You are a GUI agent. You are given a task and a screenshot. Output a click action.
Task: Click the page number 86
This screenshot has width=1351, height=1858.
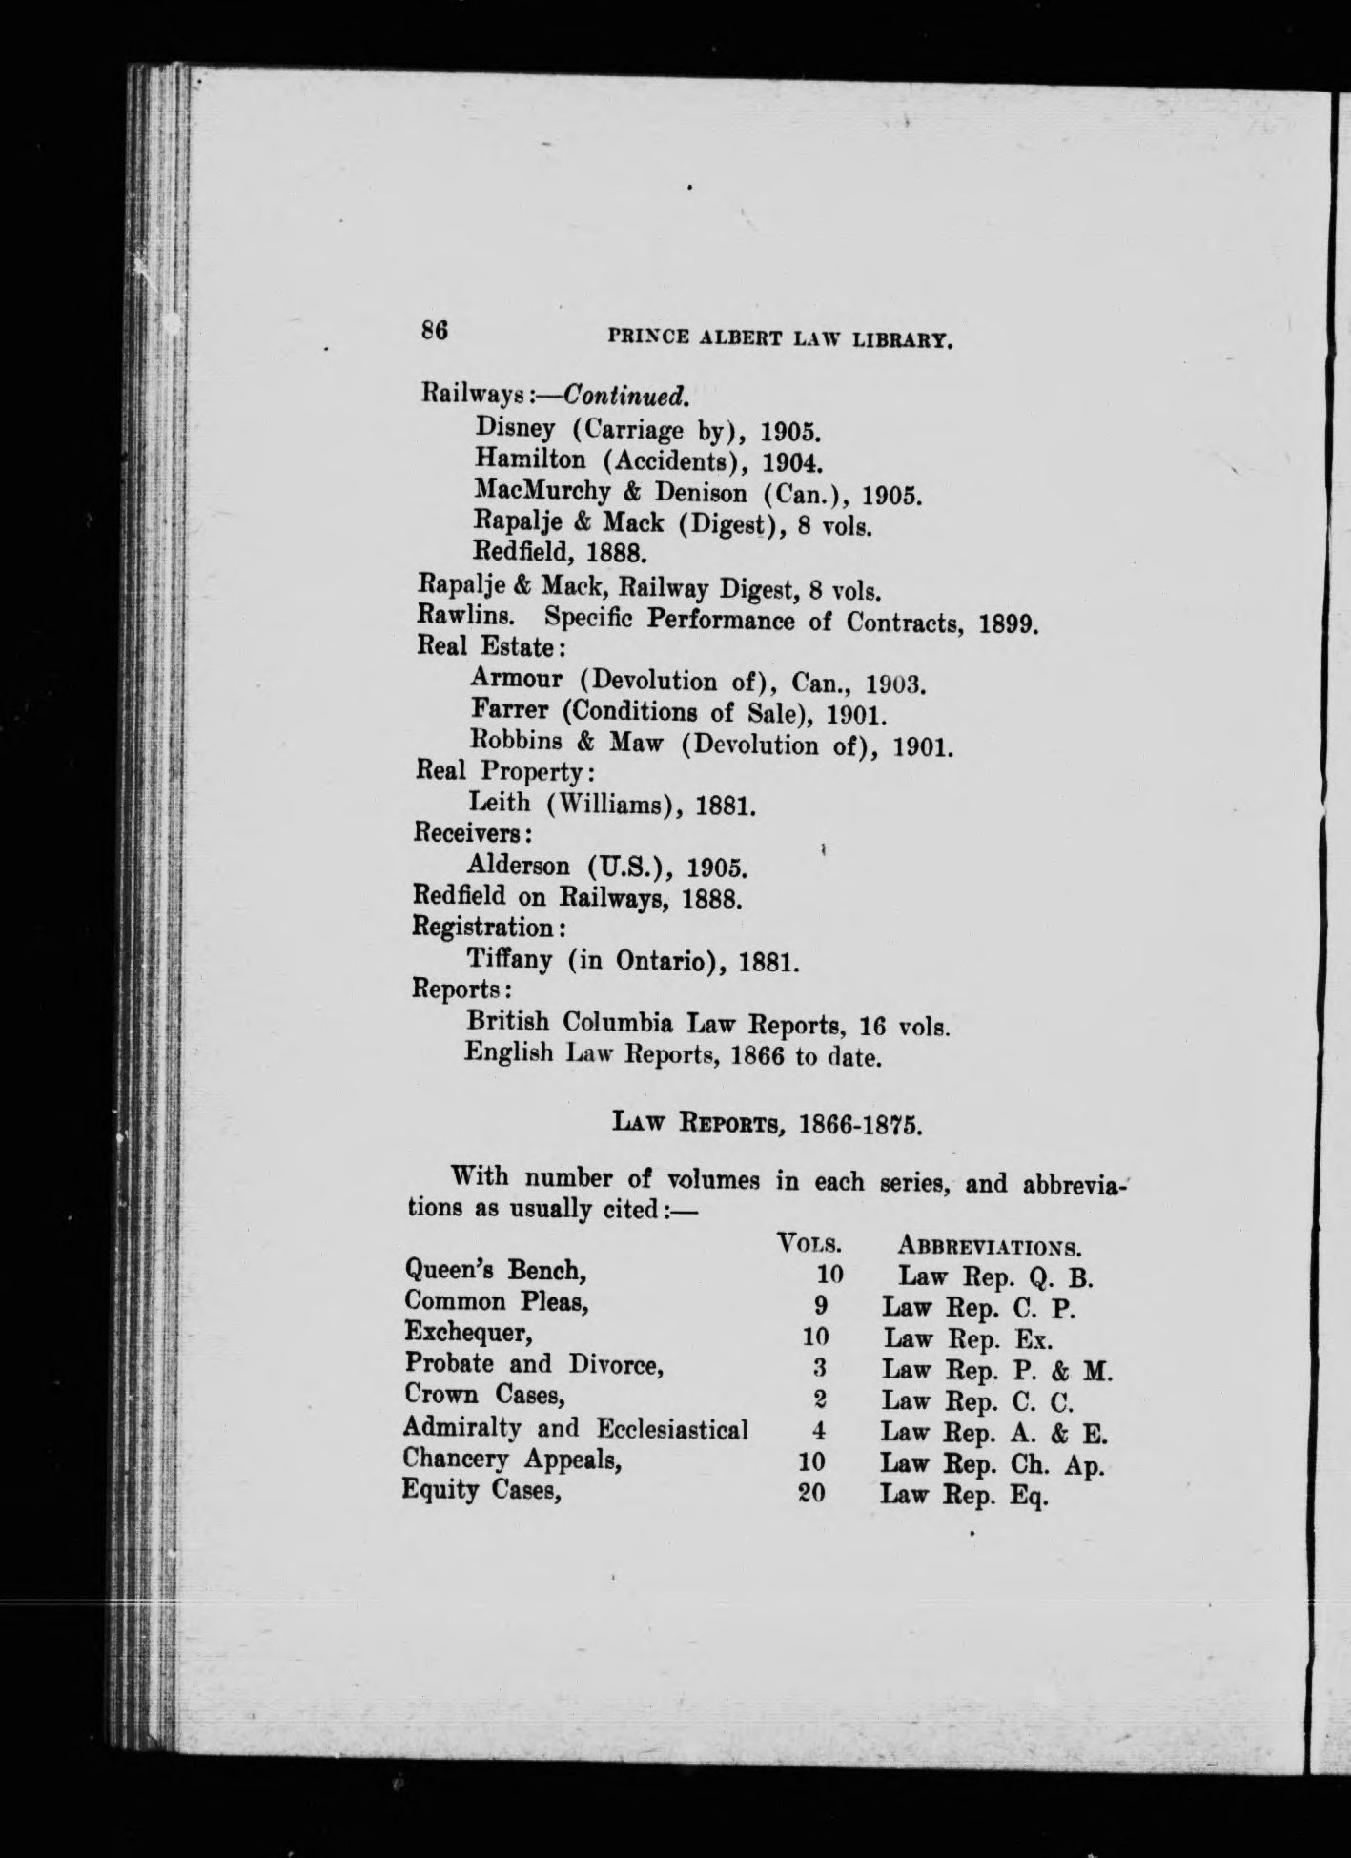(434, 331)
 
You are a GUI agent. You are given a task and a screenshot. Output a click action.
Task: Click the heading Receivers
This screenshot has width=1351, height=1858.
(471, 833)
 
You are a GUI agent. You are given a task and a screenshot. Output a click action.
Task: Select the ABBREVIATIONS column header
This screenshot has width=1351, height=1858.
(989, 1246)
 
